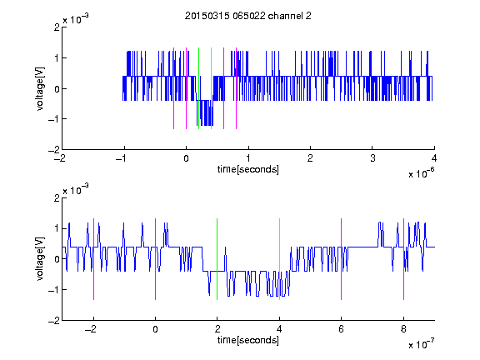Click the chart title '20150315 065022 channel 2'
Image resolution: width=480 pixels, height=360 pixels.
pos(248,16)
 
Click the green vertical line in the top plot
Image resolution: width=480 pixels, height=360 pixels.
pos(198,88)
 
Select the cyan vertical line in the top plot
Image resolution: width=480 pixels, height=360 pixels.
pos(211,88)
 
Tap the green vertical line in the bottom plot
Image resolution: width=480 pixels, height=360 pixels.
pos(217,259)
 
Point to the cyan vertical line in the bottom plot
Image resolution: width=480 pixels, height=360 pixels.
pos(279,259)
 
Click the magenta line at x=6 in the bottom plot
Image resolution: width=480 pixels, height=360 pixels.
pos(342,259)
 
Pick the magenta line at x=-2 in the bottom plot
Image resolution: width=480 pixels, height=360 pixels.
pos(93,259)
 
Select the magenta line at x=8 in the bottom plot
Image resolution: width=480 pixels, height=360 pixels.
pos(404,259)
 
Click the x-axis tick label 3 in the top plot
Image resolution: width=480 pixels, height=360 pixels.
pos(372,158)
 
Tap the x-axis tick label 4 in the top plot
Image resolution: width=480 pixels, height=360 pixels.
pos(434,158)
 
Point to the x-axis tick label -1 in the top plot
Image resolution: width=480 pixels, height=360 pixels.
pos(122,158)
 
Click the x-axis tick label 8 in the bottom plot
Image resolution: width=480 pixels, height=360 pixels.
pos(403,329)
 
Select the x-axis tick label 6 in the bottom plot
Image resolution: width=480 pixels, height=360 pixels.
pos(342,329)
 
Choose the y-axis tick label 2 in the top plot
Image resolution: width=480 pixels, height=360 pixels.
pos(57,27)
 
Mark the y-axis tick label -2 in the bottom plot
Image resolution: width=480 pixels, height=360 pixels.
pos(54,321)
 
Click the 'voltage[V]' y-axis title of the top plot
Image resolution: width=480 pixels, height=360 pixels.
pos(40,88)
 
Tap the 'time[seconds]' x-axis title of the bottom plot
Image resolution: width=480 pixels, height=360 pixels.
pos(248,340)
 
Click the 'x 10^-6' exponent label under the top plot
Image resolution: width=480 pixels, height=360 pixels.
pos(421,173)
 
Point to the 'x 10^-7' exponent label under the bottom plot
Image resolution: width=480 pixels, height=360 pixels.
pos(421,344)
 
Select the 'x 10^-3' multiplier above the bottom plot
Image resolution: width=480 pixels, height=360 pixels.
pos(76,190)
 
